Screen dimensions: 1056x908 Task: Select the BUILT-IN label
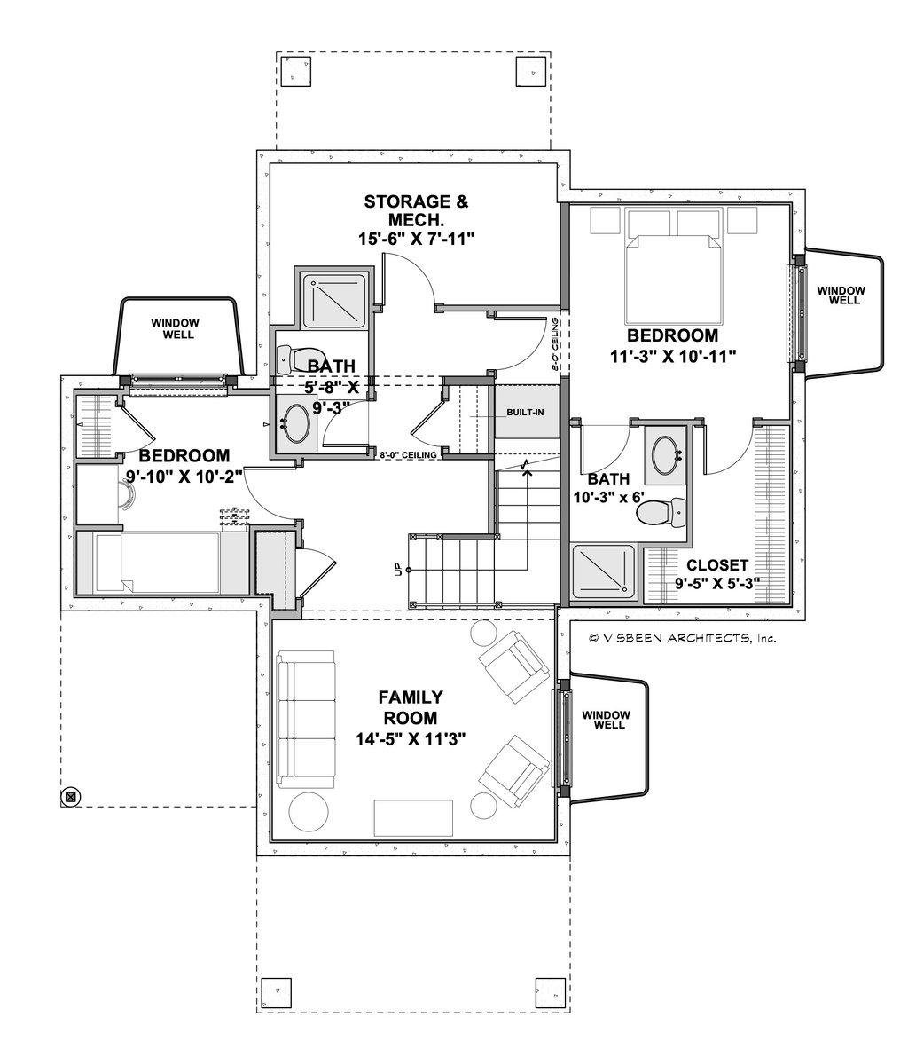pos(525,414)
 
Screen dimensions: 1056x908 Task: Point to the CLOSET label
pos(716,564)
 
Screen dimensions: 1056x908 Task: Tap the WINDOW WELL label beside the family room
pos(606,720)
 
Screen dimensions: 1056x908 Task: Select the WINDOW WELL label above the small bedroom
pos(175,329)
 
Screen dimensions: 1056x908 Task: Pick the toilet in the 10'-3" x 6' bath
pos(664,512)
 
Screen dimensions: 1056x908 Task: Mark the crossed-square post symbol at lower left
pos(71,796)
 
